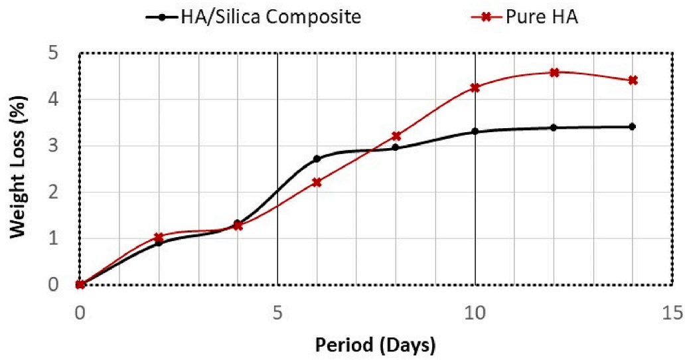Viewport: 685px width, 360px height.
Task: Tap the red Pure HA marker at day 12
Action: pos(554,72)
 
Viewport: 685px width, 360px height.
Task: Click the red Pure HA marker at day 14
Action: pos(633,80)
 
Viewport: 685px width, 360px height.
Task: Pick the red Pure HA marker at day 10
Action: pos(475,88)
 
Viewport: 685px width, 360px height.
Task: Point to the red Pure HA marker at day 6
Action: pos(317,182)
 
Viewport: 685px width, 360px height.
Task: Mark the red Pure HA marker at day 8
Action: pos(396,136)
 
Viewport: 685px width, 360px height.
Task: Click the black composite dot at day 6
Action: pos(317,159)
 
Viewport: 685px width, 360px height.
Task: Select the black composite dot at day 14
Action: pos(633,127)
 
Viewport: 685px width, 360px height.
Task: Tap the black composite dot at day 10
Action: pos(475,132)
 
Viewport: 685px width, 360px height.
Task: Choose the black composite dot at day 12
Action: pos(554,128)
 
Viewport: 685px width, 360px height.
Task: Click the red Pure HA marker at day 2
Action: pos(159,237)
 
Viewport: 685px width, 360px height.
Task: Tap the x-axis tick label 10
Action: pos(475,312)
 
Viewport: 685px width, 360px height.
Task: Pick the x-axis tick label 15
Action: pos(672,312)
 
